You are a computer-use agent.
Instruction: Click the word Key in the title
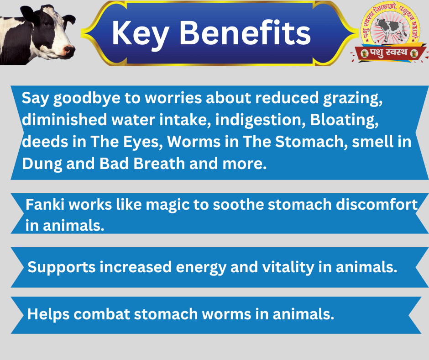tap(140, 34)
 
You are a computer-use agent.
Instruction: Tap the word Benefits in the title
tap(245, 32)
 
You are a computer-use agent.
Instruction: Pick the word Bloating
tap(344, 121)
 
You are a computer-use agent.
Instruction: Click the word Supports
tap(62, 267)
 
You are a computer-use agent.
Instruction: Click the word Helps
tap(48, 314)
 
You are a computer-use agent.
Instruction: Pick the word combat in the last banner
tap(102, 314)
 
